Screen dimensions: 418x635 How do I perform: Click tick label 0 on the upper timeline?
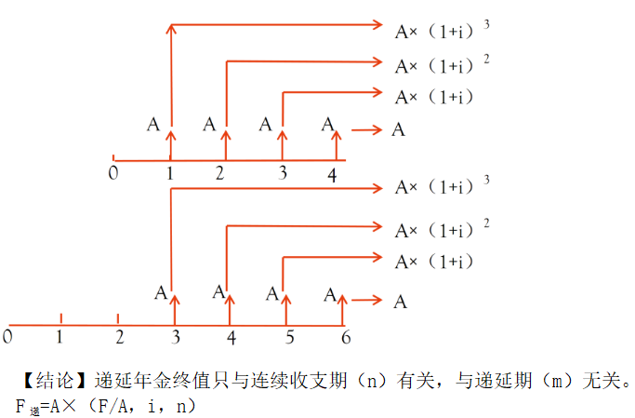click(112, 172)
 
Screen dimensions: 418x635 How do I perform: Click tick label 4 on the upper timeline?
click(332, 174)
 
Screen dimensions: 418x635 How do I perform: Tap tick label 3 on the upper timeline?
click(283, 173)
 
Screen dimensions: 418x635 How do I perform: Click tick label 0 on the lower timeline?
click(7, 334)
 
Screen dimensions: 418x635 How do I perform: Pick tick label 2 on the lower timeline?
click(119, 335)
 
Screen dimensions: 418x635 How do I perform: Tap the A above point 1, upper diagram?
click(153, 123)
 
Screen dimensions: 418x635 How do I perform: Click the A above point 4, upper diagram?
click(327, 123)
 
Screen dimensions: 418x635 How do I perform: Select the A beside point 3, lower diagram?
click(161, 292)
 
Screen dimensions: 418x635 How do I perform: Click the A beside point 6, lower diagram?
click(330, 294)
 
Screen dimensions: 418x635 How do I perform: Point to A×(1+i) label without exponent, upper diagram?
click(434, 97)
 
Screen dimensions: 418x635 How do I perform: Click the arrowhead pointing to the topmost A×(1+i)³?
click(377, 24)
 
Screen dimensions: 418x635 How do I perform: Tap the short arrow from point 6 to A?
click(370, 300)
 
